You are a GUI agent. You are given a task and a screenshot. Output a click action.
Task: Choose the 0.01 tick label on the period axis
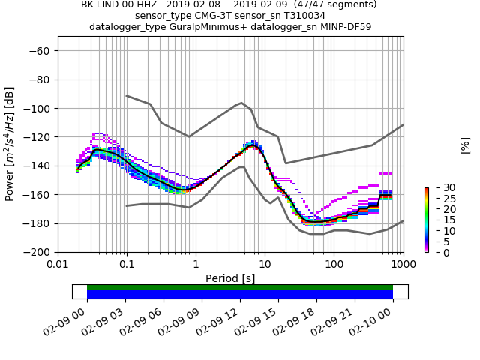(x=58, y=265)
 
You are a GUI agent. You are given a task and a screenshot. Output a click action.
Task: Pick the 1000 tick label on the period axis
(x=403, y=265)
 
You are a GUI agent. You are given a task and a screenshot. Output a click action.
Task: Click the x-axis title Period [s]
(x=230, y=278)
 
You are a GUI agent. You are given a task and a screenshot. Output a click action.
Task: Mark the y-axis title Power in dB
(x=10, y=144)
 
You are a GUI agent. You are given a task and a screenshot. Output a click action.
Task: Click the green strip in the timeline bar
(x=240, y=287)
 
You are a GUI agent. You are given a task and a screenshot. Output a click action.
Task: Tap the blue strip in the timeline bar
(x=240, y=295)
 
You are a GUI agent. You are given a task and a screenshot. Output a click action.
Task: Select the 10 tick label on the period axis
(x=265, y=265)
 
